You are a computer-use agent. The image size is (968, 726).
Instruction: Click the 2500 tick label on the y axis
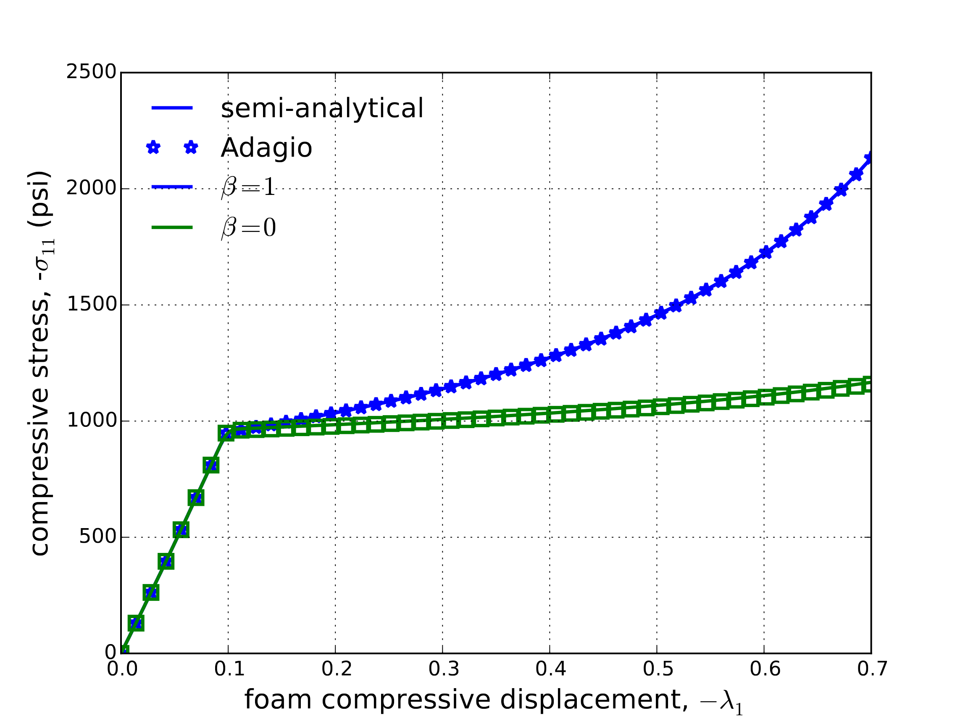coord(91,72)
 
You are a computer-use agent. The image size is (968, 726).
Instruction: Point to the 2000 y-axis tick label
coord(91,189)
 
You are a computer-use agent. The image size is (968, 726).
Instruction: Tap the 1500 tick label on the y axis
coord(91,305)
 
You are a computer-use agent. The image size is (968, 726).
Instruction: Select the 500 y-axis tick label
coord(97,537)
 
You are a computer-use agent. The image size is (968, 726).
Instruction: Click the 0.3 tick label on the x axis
coord(443,669)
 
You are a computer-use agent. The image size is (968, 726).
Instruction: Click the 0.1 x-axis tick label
coord(229,669)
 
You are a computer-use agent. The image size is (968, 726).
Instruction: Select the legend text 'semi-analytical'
coord(322,108)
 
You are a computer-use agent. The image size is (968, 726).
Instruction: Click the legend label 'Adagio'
coord(266,148)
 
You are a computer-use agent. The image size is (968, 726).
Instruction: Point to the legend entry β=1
coord(248,187)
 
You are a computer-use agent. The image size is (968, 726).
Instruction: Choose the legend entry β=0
coord(248,228)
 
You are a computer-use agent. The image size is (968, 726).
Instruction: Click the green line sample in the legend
coord(172,227)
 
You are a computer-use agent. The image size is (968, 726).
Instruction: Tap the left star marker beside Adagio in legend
coord(153,147)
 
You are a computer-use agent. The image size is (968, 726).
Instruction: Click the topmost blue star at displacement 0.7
coord(870,157)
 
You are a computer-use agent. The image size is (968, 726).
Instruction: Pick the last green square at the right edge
coord(869,385)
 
